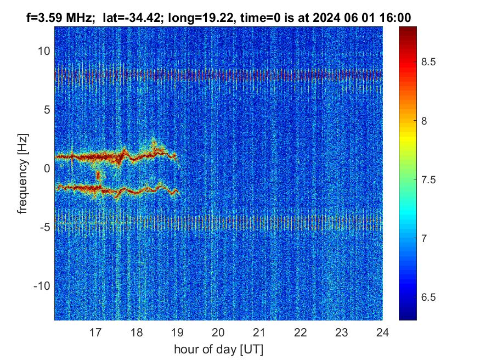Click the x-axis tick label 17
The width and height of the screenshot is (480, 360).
(95, 332)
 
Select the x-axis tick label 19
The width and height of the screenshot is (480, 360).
(177, 332)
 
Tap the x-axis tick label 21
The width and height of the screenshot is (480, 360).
(259, 332)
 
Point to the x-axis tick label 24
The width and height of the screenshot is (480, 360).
(382, 332)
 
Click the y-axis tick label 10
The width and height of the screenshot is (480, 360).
(44, 51)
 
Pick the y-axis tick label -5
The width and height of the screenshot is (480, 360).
(44, 227)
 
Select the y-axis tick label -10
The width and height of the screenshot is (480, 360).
(42, 286)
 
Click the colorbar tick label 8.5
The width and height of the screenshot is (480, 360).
(428, 62)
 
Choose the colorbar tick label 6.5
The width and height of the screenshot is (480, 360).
(428, 297)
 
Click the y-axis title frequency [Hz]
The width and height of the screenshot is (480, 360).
(22, 172)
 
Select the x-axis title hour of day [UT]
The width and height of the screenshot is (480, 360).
(218, 349)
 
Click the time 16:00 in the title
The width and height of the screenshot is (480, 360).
(397, 18)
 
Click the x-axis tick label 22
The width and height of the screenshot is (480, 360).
(301, 332)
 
